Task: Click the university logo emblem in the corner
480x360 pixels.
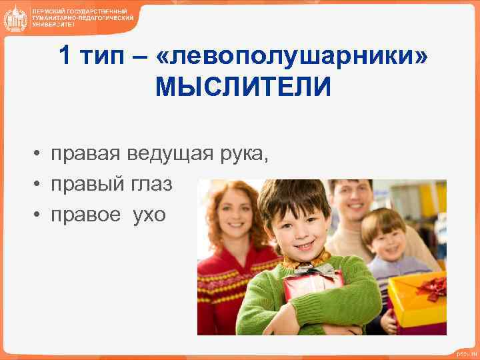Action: pyautogui.click(x=15, y=18)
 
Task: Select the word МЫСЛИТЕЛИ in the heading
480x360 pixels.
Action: pyautogui.click(x=243, y=87)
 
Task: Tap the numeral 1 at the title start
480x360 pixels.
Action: pyautogui.click(x=64, y=56)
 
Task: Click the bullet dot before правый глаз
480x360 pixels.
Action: pyautogui.click(x=40, y=185)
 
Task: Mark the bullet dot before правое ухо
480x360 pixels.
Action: pyautogui.click(x=40, y=216)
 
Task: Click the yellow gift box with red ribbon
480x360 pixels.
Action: pyautogui.click(x=417, y=299)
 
